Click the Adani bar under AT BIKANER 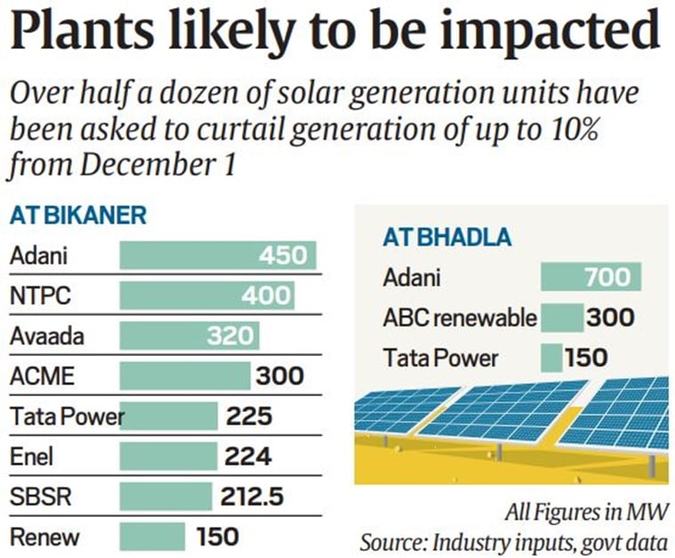click(217, 256)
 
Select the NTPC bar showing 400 click(206, 296)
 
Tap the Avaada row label click(42, 336)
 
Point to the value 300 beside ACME click(279, 376)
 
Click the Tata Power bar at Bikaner click(169, 416)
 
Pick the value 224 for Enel click(248, 457)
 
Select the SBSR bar click(165, 497)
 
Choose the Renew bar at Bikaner click(152, 537)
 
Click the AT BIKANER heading click(77, 216)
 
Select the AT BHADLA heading click(446, 238)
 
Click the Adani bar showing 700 click(591, 278)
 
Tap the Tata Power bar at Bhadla click(551, 358)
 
